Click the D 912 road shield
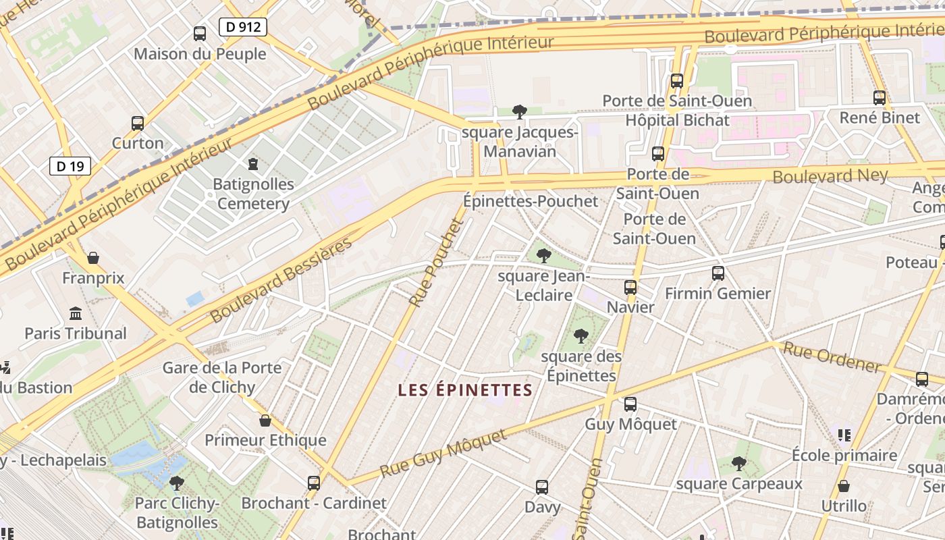243,27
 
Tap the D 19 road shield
70,166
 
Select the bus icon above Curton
138,124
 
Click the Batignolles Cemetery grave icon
253,164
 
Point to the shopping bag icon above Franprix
93,258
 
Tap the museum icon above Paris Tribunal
76,314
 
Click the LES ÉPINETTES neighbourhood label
465,390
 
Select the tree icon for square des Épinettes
580,336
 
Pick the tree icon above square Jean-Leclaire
543,256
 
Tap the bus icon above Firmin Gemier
718,273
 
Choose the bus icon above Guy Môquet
630,404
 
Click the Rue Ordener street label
832,358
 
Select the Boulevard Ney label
830,175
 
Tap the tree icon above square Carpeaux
739,464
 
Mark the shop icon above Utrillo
844,486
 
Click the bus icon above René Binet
880,98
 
